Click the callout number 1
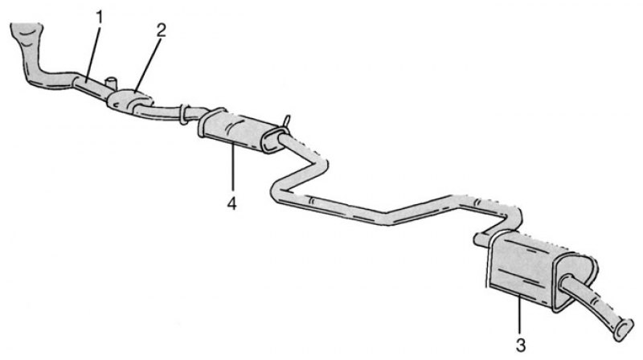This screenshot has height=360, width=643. (99, 18)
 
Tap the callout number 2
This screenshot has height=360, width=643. (161, 31)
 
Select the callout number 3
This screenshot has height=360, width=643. (520, 346)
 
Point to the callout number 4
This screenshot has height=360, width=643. (232, 203)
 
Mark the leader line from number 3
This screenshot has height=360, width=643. (520, 316)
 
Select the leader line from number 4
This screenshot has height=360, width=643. (233, 166)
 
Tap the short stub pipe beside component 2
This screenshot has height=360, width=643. (111, 83)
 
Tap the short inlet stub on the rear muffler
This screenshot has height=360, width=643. (481, 239)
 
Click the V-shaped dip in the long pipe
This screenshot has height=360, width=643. (387, 218)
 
